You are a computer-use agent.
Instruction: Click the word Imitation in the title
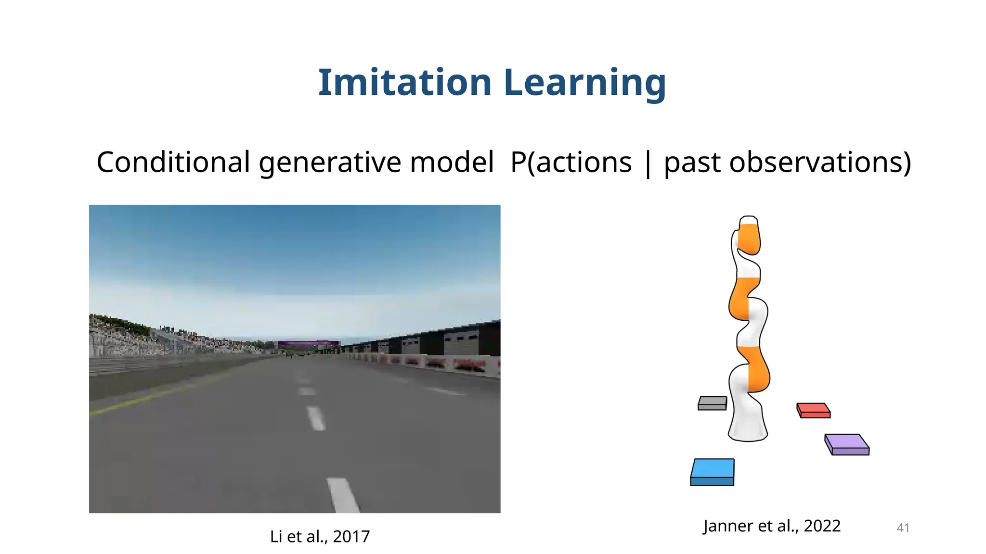click(x=404, y=82)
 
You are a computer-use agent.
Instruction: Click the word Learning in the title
click(x=584, y=83)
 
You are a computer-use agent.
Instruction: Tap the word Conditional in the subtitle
click(x=173, y=162)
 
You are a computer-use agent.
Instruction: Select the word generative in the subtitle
click(x=330, y=163)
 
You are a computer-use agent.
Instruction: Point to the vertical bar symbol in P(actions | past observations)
click(x=648, y=164)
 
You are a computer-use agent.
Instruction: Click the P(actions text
click(x=571, y=162)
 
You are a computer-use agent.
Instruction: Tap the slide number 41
click(x=903, y=528)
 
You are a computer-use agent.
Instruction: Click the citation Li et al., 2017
click(x=320, y=536)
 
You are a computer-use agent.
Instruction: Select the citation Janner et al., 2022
click(x=771, y=526)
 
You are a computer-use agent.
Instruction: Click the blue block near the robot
click(x=713, y=472)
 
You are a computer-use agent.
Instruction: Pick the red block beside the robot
click(x=813, y=410)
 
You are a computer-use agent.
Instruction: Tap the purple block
click(x=847, y=444)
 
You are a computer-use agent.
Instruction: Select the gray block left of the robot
click(x=713, y=403)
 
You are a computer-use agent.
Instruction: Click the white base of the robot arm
click(x=747, y=423)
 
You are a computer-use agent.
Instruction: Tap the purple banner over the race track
click(x=307, y=344)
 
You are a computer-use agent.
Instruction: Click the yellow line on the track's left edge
click(x=144, y=399)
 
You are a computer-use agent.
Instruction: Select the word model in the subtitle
click(x=452, y=162)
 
